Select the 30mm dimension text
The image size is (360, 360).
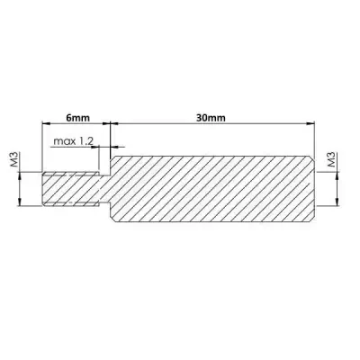pyautogui.click(x=209, y=116)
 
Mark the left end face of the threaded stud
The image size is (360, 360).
pyautogui.click(x=43, y=190)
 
